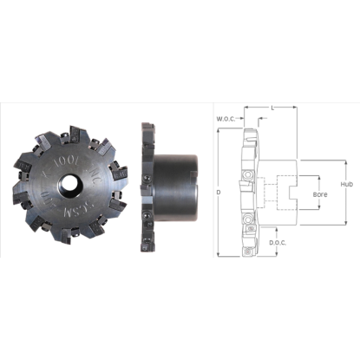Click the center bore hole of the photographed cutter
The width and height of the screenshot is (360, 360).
(x=67, y=184)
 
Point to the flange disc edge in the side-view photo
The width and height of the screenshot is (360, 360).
(x=141, y=184)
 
